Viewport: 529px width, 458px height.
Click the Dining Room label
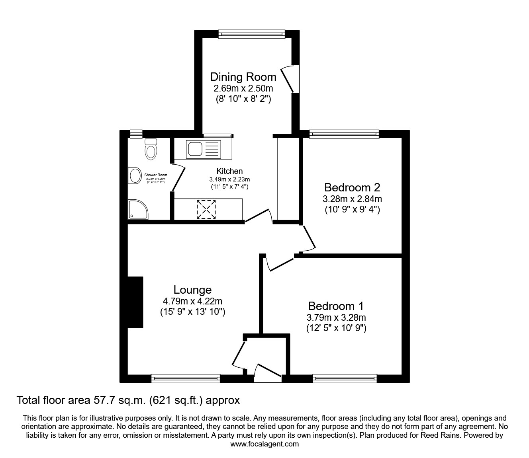point(243,76)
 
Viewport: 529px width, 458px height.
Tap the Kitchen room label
point(229,171)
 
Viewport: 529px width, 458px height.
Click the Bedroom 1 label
point(336,306)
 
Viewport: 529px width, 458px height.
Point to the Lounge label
point(192,290)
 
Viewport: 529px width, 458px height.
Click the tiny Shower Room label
point(155,175)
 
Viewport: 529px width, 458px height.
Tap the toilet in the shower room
point(151,150)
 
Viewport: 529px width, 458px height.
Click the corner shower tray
point(137,210)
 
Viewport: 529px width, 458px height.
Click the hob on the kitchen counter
point(206,209)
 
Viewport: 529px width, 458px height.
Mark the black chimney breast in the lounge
point(135,302)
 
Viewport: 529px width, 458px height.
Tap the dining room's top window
point(252,35)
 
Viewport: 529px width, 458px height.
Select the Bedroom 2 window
point(344,134)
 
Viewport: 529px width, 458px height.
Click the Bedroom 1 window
point(345,378)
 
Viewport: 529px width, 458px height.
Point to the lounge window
point(186,378)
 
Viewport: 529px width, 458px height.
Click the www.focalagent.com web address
point(264,444)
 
